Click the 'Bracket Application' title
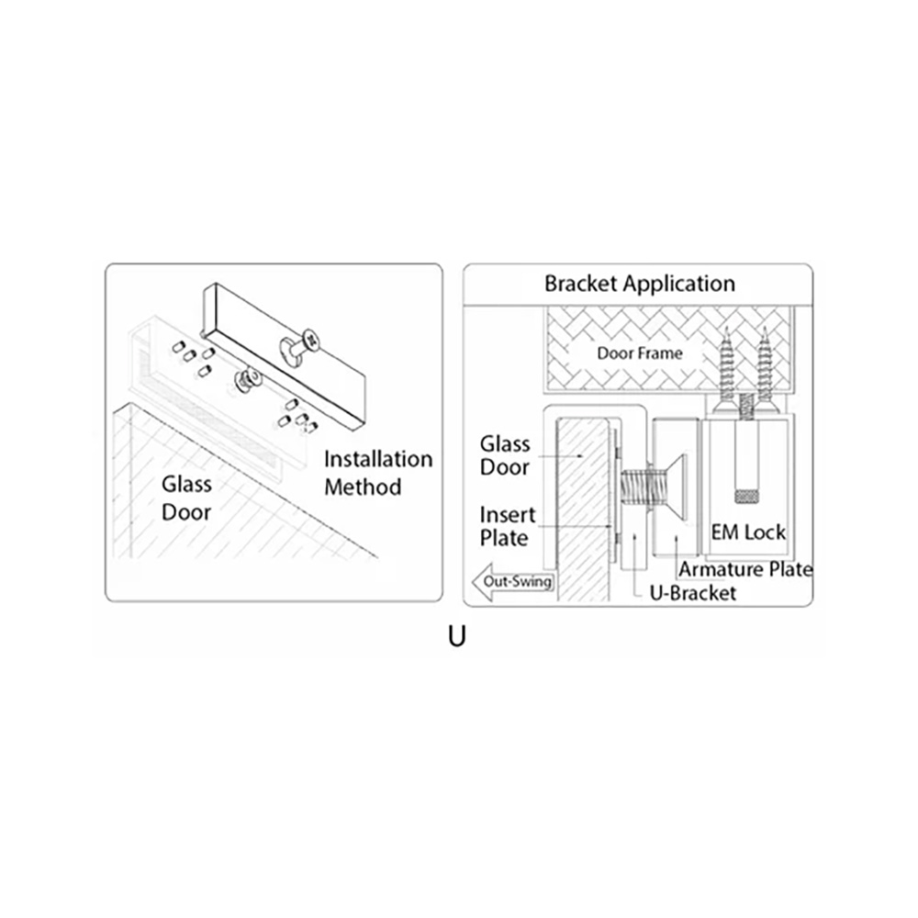point(639,284)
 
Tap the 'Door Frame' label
point(639,353)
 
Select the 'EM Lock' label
point(748,532)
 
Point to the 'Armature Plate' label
point(745,569)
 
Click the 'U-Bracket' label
point(692,593)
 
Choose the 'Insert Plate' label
point(507,526)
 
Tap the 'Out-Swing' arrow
point(512,582)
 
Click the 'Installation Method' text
point(378,473)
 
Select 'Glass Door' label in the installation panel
point(186,498)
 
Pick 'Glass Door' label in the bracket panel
point(505,455)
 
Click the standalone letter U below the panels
point(456,637)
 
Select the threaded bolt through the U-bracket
point(634,490)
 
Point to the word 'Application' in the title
point(678,284)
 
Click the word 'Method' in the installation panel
point(363,487)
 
